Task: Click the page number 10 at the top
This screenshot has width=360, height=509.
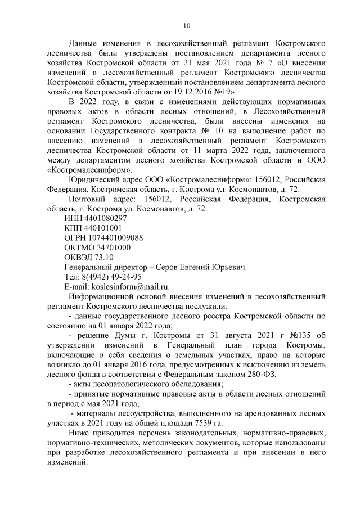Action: click(x=188, y=25)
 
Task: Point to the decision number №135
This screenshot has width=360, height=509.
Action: click(x=300, y=336)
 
